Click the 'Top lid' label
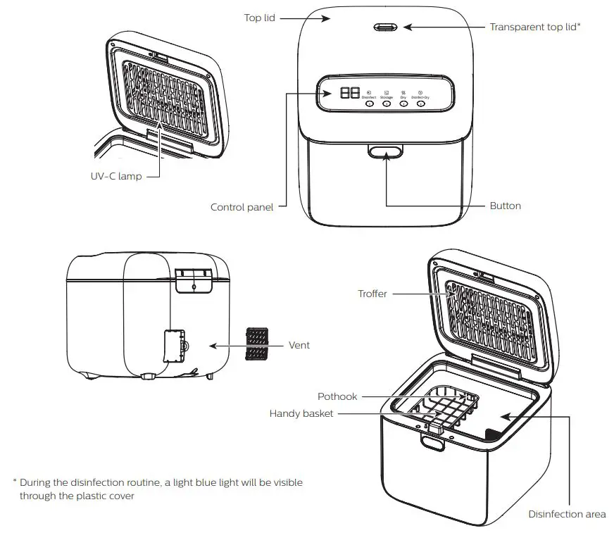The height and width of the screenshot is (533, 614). (259, 18)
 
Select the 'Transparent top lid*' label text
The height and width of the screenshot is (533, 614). (534, 27)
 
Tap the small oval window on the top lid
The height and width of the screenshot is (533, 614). (384, 27)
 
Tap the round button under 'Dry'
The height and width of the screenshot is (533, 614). (403, 104)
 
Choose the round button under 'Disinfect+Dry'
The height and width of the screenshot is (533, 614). (420, 104)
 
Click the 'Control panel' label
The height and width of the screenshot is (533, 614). (242, 207)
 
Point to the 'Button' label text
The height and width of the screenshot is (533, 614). (505, 206)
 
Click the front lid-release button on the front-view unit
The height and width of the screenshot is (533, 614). (385, 151)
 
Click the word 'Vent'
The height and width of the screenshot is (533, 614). (299, 346)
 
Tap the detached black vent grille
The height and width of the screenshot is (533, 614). (256, 344)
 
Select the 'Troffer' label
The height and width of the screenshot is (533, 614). (372, 294)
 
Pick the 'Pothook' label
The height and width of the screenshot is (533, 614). (337, 396)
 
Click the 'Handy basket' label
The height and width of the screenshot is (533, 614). (301, 414)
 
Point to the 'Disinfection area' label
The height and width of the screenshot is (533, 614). (567, 514)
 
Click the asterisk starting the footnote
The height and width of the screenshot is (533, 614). (14, 483)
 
